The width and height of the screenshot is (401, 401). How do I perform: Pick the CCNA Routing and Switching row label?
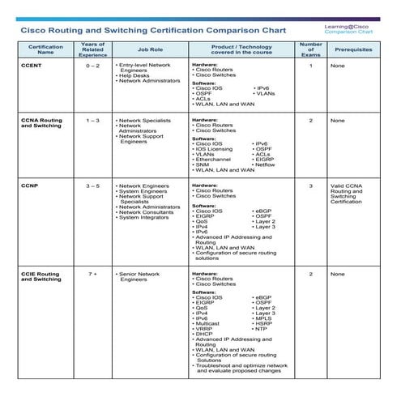tap(41, 123)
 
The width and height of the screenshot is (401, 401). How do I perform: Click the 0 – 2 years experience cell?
tap(93, 65)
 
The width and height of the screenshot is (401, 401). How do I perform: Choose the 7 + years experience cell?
tap(93, 275)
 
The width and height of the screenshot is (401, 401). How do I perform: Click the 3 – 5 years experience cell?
tap(93, 186)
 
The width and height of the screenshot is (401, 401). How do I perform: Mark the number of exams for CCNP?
tap(310, 186)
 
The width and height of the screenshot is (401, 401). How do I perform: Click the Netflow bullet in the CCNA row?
tap(268, 164)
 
